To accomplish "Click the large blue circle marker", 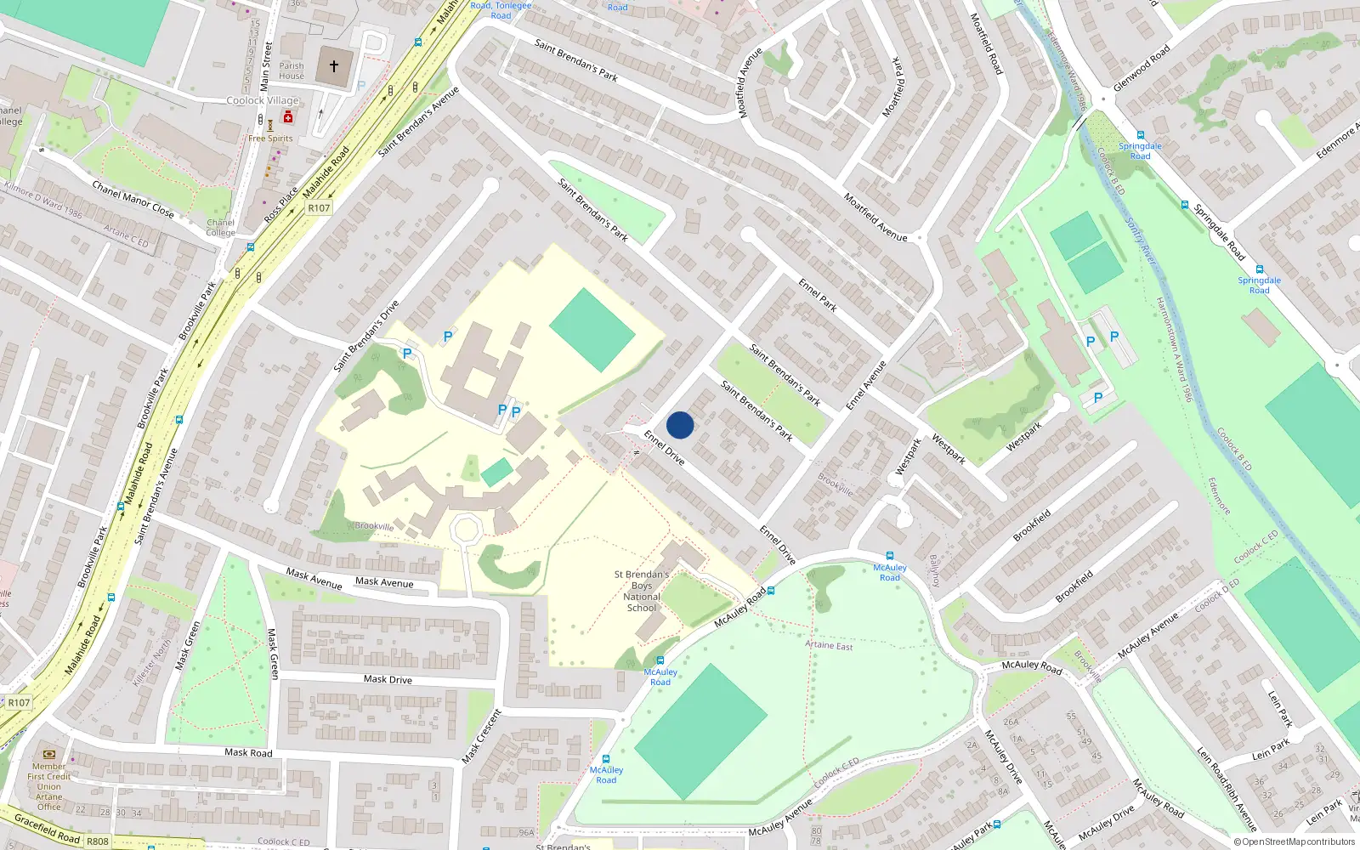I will click(680, 425).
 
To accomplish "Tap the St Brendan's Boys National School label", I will click(642, 591).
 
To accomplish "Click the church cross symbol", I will click(334, 66).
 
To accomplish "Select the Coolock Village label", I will click(263, 100).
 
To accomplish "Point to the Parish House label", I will click(292, 71).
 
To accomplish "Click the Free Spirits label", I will click(270, 139).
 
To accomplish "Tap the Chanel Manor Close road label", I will click(133, 200).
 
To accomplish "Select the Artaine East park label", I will click(829, 645).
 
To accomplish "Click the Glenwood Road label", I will click(1142, 68).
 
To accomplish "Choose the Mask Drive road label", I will click(388, 679).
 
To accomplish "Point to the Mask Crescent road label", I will click(482, 736).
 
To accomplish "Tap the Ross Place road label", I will click(281, 206).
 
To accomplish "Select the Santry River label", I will click(1142, 241).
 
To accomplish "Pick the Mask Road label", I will click(248, 752).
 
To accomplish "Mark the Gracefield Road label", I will click(48, 829).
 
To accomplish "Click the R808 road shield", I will click(98, 841).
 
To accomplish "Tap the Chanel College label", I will click(220, 228).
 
